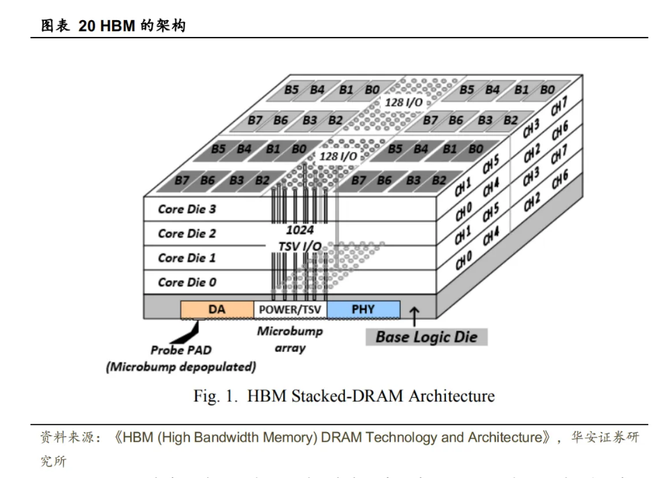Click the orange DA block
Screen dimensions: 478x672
tap(216, 310)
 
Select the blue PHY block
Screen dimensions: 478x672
tap(363, 310)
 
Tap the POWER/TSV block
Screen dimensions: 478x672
tap(290, 310)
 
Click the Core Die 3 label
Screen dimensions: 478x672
tap(186, 209)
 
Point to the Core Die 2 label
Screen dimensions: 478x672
tap(186, 234)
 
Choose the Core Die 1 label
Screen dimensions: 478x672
tap(186, 258)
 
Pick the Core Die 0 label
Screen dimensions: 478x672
tap(186, 282)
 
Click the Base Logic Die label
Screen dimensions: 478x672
tap(426, 337)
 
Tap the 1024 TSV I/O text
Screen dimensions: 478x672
tap(300, 237)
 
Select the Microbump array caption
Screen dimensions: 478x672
tap(290, 340)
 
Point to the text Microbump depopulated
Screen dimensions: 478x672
tap(182, 367)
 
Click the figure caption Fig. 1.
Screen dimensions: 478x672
tap(216, 397)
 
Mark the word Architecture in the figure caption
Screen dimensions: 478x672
tap(451, 397)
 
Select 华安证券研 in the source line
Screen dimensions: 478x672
tap(604, 438)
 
